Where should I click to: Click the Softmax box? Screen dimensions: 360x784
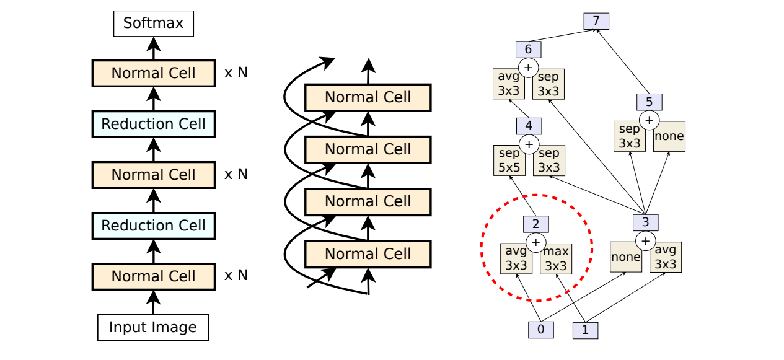pyautogui.click(x=153, y=24)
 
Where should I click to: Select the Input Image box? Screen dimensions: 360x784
pyautogui.click(x=153, y=327)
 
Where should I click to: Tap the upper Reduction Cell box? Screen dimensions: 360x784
pyautogui.click(x=153, y=124)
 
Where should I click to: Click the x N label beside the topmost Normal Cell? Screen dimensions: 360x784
pyautogui.click(x=236, y=72)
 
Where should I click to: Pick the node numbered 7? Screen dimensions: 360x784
pyautogui.click(x=596, y=20)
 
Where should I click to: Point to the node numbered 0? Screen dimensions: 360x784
pyautogui.click(x=540, y=330)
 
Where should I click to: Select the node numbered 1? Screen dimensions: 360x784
pyautogui.click(x=585, y=330)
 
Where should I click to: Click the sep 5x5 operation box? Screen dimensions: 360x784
pyautogui.click(x=509, y=160)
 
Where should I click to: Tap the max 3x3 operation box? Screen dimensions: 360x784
pyautogui.click(x=556, y=259)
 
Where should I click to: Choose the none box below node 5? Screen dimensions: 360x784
pyautogui.click(x=669, y=136)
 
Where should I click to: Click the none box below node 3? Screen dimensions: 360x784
pyautogui.click(x=625, y=257)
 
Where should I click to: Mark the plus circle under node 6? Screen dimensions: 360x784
pyautogui.click(x=529, y=68)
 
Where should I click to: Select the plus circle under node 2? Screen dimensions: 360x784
pyautogui.click(x=536, y=242)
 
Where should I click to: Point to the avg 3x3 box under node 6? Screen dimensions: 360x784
pyautogui.click(x=509, y=84)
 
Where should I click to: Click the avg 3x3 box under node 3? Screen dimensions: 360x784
pyautogui.click(x=666, y=257)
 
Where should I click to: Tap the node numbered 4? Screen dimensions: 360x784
pyautogui.click(x=529, y=126)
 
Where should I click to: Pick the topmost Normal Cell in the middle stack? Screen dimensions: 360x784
pyautogui.click(x=368, y=97)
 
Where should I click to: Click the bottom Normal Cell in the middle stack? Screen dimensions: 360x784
pyautogui.click(x=368, y=254)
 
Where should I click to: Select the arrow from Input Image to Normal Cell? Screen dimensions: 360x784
pyautogui.click(x=153, y=302)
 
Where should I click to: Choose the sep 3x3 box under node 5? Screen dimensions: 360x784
pyautogui.click(x=629, y=136)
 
